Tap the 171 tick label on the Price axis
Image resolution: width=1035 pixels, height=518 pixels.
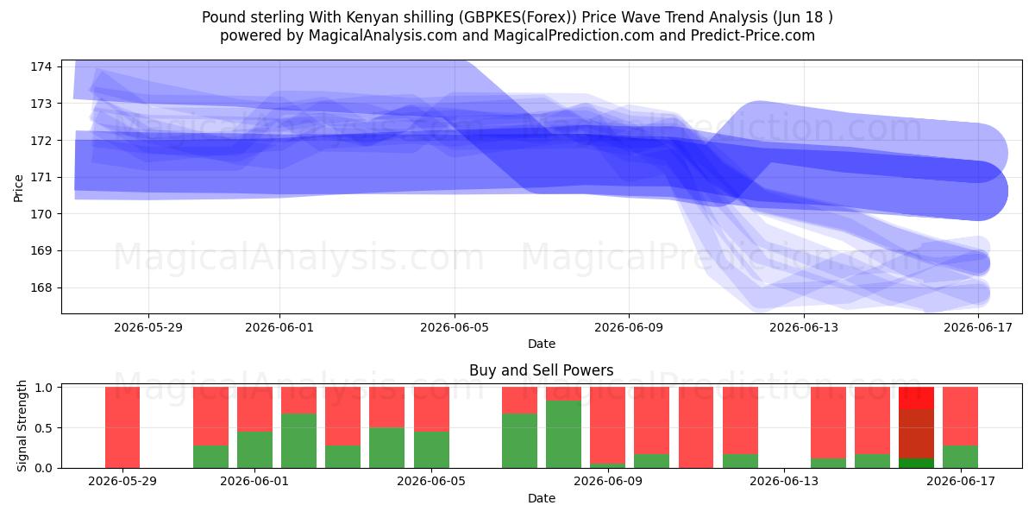pos(41,177)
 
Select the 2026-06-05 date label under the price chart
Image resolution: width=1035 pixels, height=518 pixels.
pos(455,327)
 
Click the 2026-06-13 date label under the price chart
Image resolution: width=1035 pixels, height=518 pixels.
pos(804,327)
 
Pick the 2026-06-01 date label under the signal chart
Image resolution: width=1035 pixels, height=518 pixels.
pos(254,481)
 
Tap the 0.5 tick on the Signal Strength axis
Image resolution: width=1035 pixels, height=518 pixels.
pos(43,428)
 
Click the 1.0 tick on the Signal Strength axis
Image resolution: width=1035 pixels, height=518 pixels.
pos(43,388)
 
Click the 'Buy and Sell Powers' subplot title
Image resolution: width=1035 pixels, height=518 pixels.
pos(541,370)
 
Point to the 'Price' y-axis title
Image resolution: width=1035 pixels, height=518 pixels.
pos(18,188)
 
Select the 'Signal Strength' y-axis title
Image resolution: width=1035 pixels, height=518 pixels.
pos(22,426)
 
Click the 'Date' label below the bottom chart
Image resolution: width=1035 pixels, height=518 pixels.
pos(542,498)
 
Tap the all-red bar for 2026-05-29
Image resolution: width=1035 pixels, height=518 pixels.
pos(122,427)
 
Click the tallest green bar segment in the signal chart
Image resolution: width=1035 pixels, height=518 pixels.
pos(564,434)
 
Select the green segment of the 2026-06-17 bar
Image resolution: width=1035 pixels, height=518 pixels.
pos(960,457)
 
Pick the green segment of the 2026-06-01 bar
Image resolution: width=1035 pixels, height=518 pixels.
pos(254,450)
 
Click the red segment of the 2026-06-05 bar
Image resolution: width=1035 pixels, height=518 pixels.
pos(431,409)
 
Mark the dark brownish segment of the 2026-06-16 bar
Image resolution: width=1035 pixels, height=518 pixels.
pos(916,433)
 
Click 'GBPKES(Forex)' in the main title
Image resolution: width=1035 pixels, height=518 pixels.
pos(517,17)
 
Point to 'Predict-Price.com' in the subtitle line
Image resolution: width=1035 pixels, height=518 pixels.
pos(753,35)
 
